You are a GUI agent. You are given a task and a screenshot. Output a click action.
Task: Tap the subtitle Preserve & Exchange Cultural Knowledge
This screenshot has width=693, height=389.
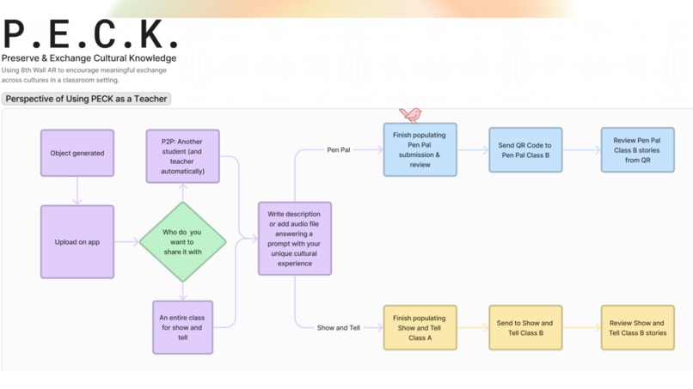89,58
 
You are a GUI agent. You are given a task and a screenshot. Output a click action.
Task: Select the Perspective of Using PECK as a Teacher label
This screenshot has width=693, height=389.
86,99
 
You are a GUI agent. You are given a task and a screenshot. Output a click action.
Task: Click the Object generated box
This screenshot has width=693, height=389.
77,153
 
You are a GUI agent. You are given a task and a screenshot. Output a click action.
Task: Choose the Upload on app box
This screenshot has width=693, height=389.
77,242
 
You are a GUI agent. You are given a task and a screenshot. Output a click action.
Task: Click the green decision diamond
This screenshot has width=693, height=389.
182,242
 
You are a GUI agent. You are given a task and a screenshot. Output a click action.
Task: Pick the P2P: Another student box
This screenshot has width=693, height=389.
182,155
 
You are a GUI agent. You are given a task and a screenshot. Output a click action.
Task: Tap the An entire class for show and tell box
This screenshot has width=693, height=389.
182,327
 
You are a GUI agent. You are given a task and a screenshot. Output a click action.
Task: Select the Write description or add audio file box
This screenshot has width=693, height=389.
295,238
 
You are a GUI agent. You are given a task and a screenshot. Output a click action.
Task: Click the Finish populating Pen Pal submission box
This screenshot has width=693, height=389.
420,149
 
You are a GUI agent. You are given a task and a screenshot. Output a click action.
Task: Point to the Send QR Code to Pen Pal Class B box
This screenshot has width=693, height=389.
524,150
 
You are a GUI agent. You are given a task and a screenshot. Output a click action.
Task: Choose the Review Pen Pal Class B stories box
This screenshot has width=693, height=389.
637,150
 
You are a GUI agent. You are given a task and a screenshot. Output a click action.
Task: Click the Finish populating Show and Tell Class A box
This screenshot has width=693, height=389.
420,327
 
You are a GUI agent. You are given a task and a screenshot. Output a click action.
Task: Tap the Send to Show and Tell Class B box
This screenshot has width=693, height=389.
524,327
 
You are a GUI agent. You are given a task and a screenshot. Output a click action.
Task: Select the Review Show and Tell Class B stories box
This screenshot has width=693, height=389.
637,327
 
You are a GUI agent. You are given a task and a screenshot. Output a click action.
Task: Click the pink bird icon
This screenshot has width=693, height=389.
410,115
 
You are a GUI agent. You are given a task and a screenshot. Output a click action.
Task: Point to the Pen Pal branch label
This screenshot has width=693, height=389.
339,149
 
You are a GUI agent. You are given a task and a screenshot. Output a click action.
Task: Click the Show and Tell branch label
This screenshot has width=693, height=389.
338,327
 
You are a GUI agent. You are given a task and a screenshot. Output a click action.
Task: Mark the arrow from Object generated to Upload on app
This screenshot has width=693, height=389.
77,190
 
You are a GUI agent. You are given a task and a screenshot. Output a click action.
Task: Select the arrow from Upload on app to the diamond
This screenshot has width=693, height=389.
126,242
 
